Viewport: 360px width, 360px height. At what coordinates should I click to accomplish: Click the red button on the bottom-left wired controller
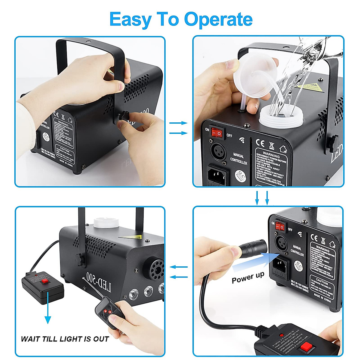coord(45,281)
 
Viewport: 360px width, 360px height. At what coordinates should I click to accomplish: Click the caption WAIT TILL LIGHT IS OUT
coord(65,339)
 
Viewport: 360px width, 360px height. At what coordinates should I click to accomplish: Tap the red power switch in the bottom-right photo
coord(280,226)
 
